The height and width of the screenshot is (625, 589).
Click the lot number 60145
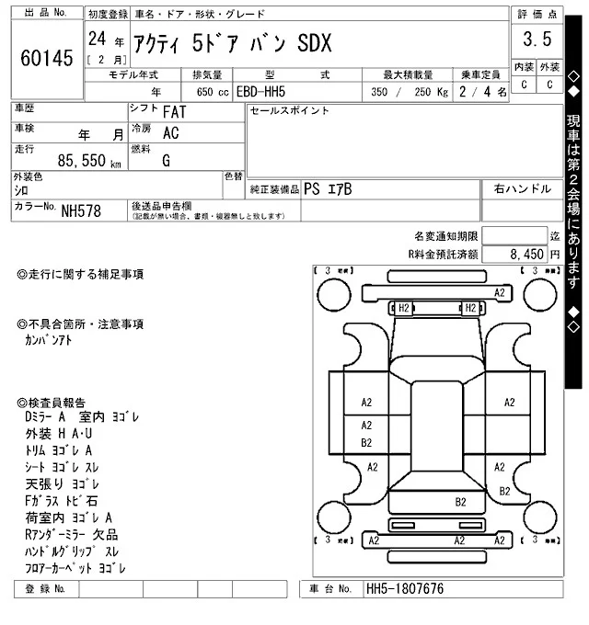point(45,59)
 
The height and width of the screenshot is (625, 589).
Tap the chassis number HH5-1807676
point(405,589)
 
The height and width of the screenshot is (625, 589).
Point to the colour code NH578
point(81,211)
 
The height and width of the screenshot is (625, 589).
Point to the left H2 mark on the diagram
point(404,307)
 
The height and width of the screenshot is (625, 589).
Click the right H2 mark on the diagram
point(469,307)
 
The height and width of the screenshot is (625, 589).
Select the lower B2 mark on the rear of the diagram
point(461,501)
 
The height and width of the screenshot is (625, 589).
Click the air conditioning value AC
point(170,132)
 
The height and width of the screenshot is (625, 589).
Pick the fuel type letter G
point(166,160)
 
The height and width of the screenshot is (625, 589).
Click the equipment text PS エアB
point(328,188)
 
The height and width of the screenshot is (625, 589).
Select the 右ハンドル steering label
point(522,188)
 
